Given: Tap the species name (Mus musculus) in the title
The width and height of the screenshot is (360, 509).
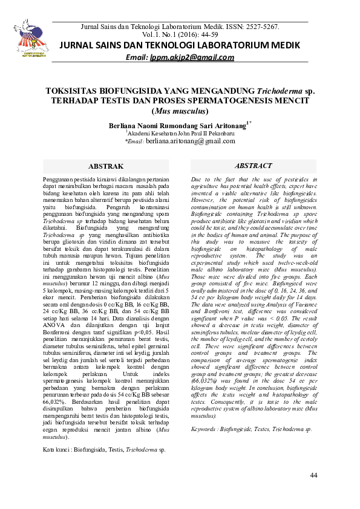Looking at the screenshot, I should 180,111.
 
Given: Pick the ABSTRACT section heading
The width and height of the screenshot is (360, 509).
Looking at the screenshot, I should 254,166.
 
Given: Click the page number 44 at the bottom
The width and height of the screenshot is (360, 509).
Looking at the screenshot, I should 313,475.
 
